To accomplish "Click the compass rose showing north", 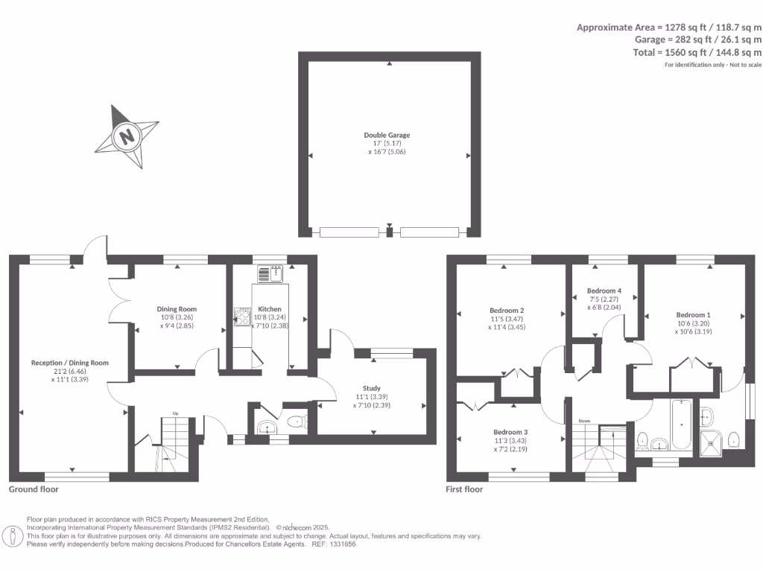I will click(x=127, y=136).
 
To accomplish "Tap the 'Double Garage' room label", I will click(x=387, y=135).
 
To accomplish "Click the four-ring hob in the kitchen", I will click(x=243, y=317).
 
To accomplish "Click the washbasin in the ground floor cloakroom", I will click(x=265, y=428).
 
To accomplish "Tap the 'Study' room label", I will click(x=372, y=388).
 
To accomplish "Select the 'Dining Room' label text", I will click(x=177, y=308).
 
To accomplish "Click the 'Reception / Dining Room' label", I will click(x=70, y=363).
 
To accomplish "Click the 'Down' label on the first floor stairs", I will click(x=584, y=421).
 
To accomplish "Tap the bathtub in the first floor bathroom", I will click(x=682, y=427).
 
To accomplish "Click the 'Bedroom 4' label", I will click(x=604, y=290).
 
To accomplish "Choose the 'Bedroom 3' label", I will click(x=510, y=432).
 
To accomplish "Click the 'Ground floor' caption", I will click(x=34, y=489).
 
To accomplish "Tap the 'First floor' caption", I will click(x=465, y=489).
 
